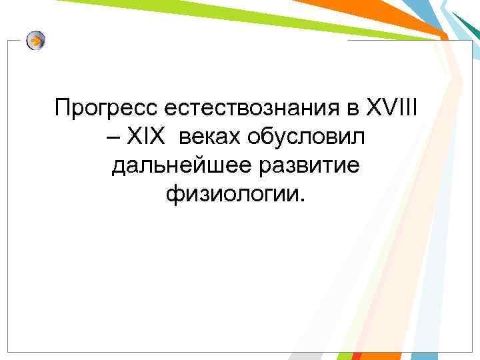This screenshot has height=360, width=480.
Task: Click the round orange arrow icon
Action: pyautogui.click(x=36, y=41)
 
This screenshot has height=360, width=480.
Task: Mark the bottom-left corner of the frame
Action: pyautogui.click(x=8, y=352)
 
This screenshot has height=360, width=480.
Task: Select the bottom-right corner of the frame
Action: pyautogui.click(x=471, y=352)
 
